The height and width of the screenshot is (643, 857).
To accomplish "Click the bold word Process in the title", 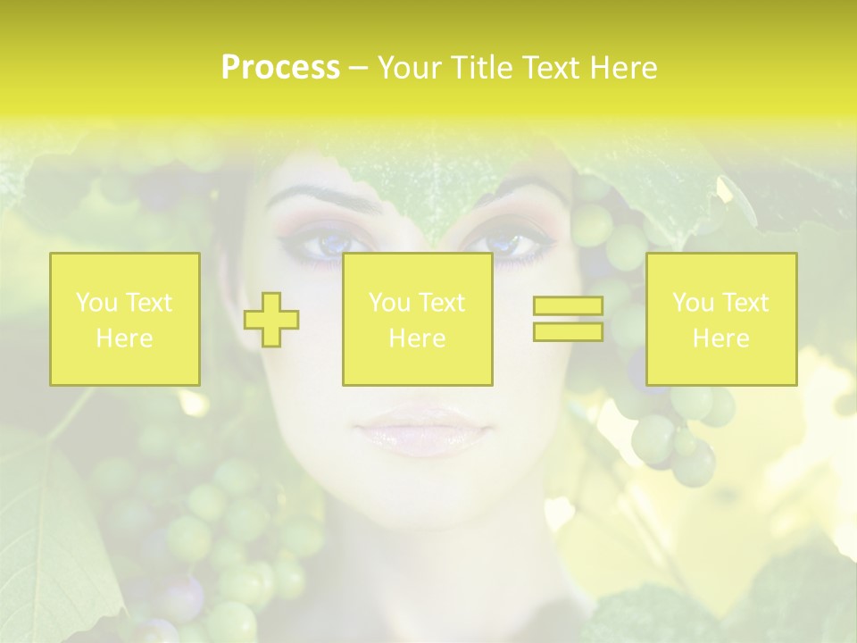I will [280, 68].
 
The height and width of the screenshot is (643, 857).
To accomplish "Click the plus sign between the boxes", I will [271, 320].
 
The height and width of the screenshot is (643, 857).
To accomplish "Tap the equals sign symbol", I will [568, 320].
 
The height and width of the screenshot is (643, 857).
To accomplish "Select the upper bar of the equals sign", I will [568, 307].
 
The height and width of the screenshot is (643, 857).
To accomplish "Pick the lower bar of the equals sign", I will [568, 331].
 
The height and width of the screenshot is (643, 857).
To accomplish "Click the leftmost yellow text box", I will [124, 319].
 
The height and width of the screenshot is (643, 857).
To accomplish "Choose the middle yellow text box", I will [417, 319].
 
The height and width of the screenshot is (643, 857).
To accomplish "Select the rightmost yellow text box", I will [721, 319].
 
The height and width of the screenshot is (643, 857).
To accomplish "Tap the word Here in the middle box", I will [417, 338].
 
